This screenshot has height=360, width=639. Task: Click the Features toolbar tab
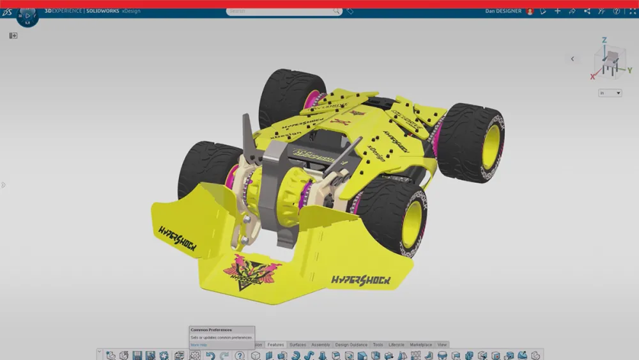(275, 345)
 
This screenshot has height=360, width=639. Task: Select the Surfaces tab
(298, 345)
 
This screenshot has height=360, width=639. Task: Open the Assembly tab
(321, 345)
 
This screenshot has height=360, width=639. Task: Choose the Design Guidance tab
(351, 345)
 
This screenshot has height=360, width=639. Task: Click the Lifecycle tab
(396, 345)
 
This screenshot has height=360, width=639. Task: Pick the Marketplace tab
(420, 345)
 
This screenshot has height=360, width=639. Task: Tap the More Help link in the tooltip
(199, 345)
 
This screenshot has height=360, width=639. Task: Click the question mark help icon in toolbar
(240, 356)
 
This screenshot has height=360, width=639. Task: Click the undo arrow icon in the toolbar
(210, 356)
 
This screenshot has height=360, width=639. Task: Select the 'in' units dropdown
(610, 93)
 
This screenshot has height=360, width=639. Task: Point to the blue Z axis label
(604, 40)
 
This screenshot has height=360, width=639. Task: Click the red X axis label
(593, 77)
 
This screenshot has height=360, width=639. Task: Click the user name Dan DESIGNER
(504, 11)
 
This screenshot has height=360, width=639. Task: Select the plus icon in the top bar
(557, 11)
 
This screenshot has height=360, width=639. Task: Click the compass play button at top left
(27, 15)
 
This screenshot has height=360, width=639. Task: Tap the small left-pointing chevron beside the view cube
(573, 59)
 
